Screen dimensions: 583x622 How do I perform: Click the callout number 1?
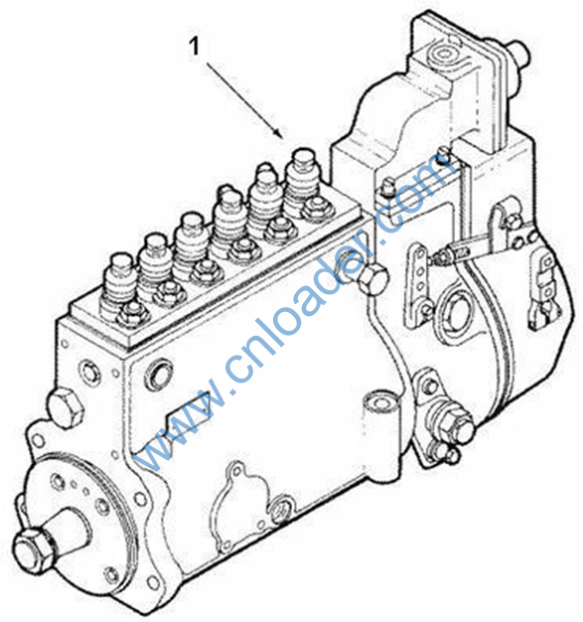click(x=194, y=47)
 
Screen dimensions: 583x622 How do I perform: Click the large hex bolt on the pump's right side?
click(x=372, y=279)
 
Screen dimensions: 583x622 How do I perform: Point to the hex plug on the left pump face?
click(x=66, y=408)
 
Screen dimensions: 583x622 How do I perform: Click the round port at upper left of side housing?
click(x=159, y=374)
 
